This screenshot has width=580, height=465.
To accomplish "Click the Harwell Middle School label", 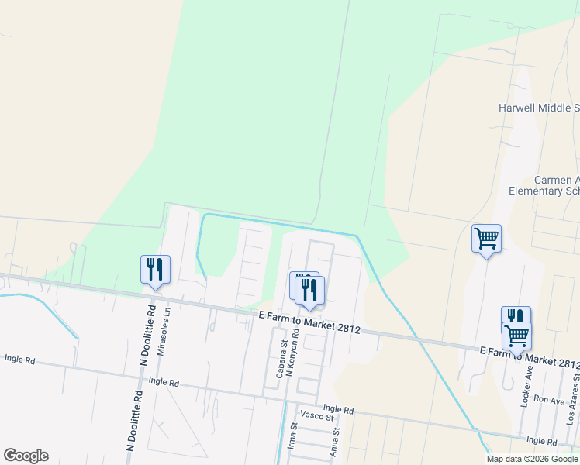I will (x=540, y=108).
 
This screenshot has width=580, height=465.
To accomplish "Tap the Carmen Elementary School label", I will (x=544, y=185).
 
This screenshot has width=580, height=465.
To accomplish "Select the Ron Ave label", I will (x=549, y=401).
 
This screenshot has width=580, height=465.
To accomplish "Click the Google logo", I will (x=26, y=456).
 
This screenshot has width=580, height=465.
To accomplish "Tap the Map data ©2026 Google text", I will (x=532, y=459).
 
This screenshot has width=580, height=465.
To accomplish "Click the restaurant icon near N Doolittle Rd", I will (x=155, y=270).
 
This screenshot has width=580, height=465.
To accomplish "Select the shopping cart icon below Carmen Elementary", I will (x=486, y=239).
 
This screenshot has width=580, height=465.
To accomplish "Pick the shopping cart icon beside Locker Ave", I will (x=516, y=336).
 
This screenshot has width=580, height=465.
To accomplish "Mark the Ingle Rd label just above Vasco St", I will (x=338, y=408).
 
